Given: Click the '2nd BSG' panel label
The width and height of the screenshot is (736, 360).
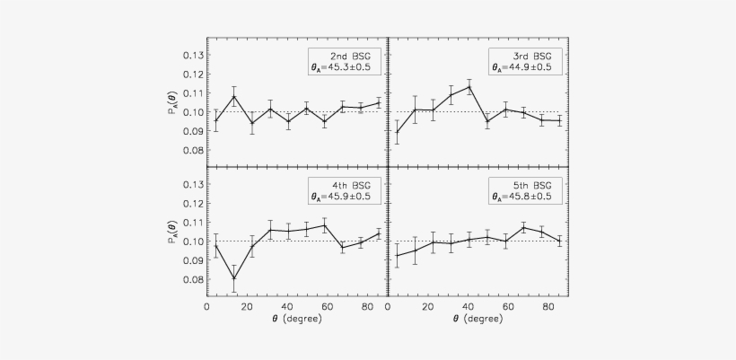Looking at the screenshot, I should (346, 55).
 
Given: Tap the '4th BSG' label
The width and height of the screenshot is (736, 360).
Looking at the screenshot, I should (346, 184).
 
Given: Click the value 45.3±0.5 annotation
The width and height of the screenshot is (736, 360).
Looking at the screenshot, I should (346, 67).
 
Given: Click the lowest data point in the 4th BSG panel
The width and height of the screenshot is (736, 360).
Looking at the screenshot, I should (234, 277).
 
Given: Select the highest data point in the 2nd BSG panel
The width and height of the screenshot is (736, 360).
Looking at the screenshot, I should (234, 96).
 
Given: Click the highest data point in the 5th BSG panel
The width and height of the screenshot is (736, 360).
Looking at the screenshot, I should (523, 227).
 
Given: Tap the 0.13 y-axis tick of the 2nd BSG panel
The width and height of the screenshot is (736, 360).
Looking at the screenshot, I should (192, 56).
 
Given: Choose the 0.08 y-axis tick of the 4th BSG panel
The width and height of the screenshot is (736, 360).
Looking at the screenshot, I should (192, 280).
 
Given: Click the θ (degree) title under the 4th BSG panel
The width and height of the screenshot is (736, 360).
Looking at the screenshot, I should (296, 320).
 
